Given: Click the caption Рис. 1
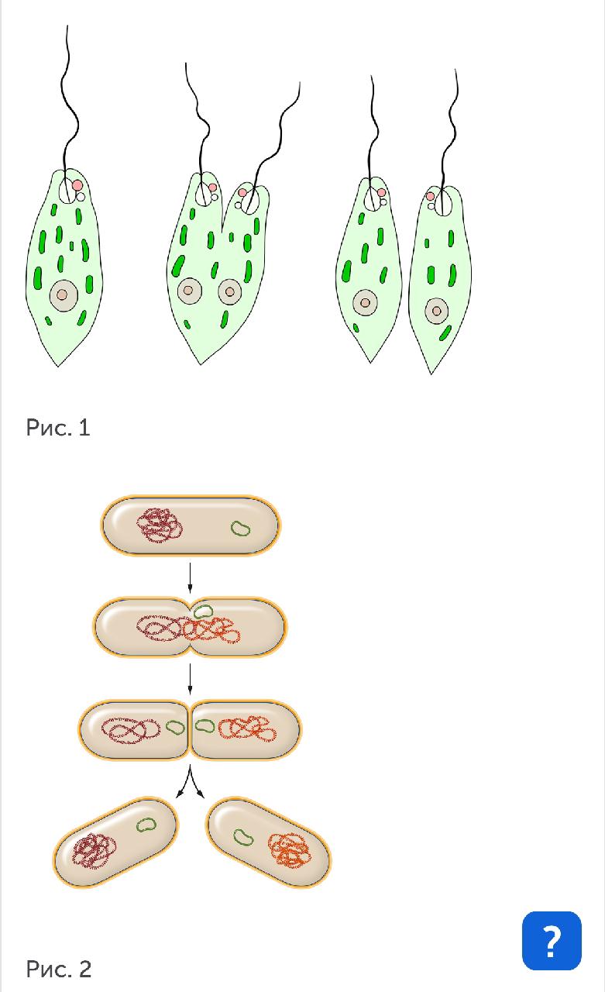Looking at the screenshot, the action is pos(58,428).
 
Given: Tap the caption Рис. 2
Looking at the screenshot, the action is pos(58,970).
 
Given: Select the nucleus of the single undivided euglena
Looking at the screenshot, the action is pos(64,295).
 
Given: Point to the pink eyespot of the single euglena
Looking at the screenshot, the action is pos(77,185).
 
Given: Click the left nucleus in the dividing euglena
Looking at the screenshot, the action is pos(190,291).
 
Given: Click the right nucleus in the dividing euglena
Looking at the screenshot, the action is pos(230,292).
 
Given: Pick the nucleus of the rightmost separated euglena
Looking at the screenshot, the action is pos(437,311).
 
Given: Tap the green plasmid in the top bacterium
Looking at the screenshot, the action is pos(241,529).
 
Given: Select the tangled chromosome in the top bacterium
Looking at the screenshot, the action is pos(160,525).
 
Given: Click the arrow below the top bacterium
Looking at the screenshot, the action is pos(190,578).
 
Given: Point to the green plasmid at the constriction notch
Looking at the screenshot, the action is pos(203,611).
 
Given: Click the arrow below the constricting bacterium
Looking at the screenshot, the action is pos(190,679).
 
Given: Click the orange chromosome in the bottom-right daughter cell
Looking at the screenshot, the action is pos(289,850).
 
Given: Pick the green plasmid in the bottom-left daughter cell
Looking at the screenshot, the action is pos(146,825).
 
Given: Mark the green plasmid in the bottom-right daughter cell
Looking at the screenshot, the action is pos(243,837).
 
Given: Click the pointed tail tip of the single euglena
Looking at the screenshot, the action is pos(58,367).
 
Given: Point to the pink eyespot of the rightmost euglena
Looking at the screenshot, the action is pos(430,196).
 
